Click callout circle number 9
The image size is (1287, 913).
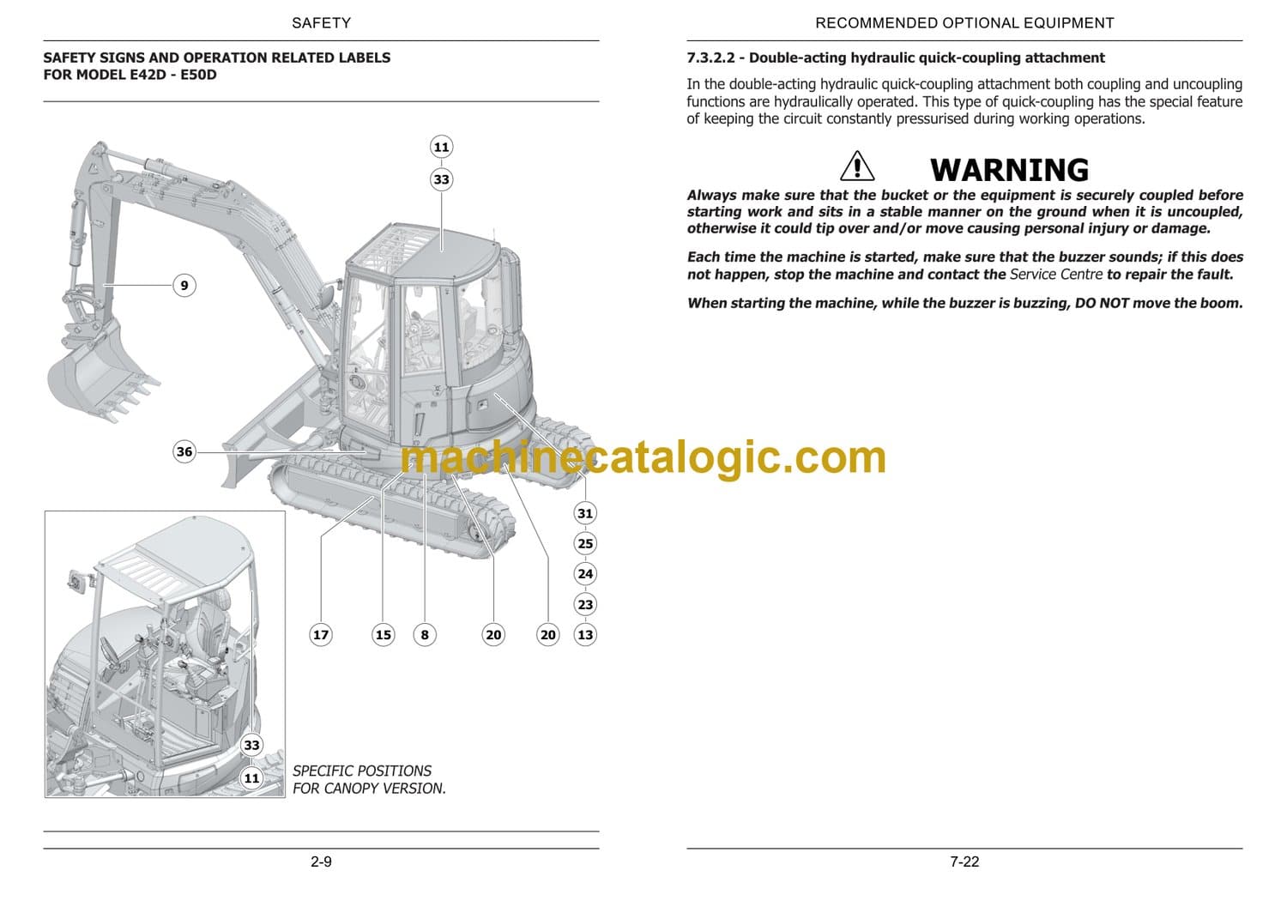pyautogui.click(x=184, y=286)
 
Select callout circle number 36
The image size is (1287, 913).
pyautogui.click(x=184, y=451)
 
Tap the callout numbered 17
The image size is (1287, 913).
pyautogui.click(x=321, y=635)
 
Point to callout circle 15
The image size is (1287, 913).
pyautogui.click(x=383, y=635)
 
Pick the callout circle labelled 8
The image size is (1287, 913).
pyautogui.click(x=425, y=635)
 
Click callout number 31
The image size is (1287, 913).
pyautogui.click(x=585, y=513)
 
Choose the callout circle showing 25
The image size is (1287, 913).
pyautogui.click(x=585, y=543)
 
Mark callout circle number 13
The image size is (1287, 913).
pyautogui.click(x=585, y=635)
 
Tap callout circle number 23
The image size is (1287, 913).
pyautogui.click(x=585, y=604)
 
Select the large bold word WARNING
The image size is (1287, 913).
pyautogui.click(x=1009, y=170)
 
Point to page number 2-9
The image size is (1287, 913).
pyautogui.click(x=321, y=862)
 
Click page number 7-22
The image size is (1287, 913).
pyautogui.click(x=964, y=862)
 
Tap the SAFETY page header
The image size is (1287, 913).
pyautogui.click(x=321, y=23)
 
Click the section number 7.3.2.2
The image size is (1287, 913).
pyautogui.click(x=710, y=58)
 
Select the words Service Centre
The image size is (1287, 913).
pyautogui.click(x=1056, y=274)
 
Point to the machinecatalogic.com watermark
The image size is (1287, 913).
pyautogui.click(x=643, y=457)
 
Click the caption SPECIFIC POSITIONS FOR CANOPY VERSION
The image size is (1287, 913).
pyautogui.click(x=369, y=780)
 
